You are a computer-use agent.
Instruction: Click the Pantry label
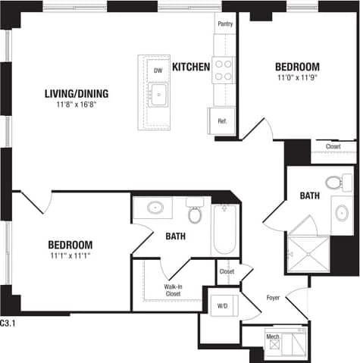(x=225, y=24)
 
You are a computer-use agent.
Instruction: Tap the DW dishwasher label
(x=158, y=70)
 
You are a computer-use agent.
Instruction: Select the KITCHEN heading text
(x=191, y=67)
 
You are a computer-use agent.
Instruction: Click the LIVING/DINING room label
(x=77, y=94)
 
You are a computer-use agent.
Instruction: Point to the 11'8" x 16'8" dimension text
(x=77, y=105)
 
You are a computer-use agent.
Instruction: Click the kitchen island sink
(x=159, y=95)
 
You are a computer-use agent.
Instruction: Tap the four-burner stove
(x=223, y=70)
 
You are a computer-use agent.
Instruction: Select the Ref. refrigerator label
(x=223, y=120)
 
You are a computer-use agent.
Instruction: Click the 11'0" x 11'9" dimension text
(x=297, y=77)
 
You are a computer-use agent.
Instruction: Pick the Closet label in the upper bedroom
(x=333, y=146)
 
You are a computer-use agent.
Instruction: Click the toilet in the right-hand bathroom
(x=333, y=182)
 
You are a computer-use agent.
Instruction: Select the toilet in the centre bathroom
(x=195, y=213)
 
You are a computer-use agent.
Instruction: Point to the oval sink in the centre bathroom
(x=155, y=207)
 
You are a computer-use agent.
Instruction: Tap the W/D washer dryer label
(x=223, y=306)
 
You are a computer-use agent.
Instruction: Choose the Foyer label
(x=273, y=298)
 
